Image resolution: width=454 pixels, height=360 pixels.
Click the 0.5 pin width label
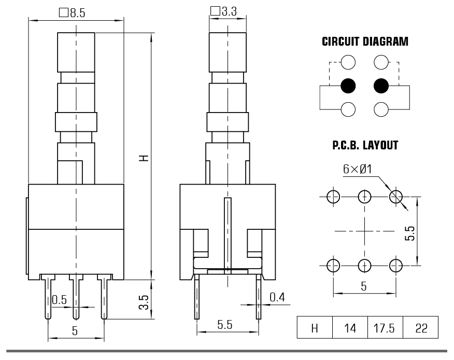click(x=60, y=300)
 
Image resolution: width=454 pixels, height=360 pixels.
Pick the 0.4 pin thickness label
click(x=278, y=297)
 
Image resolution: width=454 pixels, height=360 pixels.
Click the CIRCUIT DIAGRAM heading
click(x=365, y=41)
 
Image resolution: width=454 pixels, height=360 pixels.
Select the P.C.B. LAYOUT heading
click(x=365, y=145)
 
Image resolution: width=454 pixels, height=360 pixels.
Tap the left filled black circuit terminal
click(x=349, y=86)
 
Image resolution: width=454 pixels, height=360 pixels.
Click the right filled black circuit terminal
click(x=381, y=86)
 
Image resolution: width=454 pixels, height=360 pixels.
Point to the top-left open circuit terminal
click(x=349, y=63)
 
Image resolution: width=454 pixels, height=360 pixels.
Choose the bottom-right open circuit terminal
click(x=381, y=109)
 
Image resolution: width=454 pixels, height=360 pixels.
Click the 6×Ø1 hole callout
click(x=358, y=169)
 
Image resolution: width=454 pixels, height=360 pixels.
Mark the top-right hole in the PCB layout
click(x=396, y=196)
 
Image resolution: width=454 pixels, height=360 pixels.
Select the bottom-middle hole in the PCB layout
click(x=365, y=266)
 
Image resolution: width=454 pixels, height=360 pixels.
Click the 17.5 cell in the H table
click(x=384, y=328)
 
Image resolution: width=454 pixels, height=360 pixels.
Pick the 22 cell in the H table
click(x=421, y=328)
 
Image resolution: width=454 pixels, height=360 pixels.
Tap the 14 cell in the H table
click(x=350, y=328)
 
